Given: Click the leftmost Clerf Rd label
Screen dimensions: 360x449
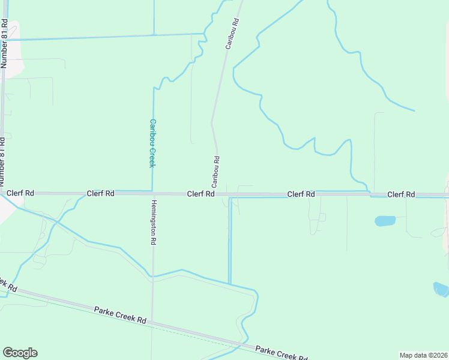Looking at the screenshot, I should click(x=20, y=193).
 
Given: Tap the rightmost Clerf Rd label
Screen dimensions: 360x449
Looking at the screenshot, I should click(x=401, y=194).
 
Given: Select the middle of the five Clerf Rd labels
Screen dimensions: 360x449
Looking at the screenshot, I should click(x=200, y=194).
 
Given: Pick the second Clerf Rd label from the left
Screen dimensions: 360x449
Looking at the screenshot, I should click(x=100, y=193).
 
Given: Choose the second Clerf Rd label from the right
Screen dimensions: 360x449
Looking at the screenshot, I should click(x=301, y=194).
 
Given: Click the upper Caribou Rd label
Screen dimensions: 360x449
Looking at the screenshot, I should click(x=232, y=34).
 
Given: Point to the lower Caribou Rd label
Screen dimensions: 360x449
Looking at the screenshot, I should click(x=216, y=170).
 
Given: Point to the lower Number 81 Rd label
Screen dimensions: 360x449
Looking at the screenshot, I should click(x=2, y=162).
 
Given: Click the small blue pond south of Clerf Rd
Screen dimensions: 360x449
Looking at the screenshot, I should click(x=385, y=221).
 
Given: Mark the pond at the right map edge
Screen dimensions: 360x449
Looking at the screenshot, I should click(x=441, y=290).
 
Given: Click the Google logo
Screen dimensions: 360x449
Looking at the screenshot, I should click(x=20, y=353).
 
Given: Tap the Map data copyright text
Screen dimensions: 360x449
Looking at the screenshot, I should click(x=423, y=355).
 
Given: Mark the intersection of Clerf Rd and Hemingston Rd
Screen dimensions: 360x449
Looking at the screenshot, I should click(x=152, y=193).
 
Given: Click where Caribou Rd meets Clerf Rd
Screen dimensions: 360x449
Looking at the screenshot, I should click(x=216, y=194).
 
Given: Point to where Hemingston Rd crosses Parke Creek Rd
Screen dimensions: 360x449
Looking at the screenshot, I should click(x=152, y=323).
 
